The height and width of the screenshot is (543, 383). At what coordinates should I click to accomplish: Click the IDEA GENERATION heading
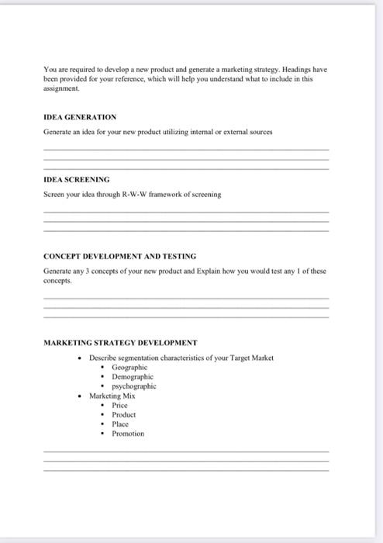[80, 117]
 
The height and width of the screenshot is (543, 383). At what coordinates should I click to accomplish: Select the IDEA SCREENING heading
[77, 179]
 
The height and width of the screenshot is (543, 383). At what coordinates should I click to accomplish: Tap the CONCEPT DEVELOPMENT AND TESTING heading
[119, 255]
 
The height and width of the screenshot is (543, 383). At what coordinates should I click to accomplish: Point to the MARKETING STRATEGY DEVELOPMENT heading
[120, 342]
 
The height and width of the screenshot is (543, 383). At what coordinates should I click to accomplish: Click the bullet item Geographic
[129, 367]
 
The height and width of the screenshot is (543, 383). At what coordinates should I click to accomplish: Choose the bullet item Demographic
[133, 376]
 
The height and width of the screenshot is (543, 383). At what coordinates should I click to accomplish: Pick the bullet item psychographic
[134, 386]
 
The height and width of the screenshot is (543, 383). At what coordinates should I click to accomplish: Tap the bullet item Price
[119, 405]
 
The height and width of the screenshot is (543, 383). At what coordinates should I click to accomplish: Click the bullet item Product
[124, 414]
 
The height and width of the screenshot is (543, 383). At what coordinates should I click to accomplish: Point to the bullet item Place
[120, 424]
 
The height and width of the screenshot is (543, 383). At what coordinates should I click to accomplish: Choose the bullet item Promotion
[128, 434]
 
